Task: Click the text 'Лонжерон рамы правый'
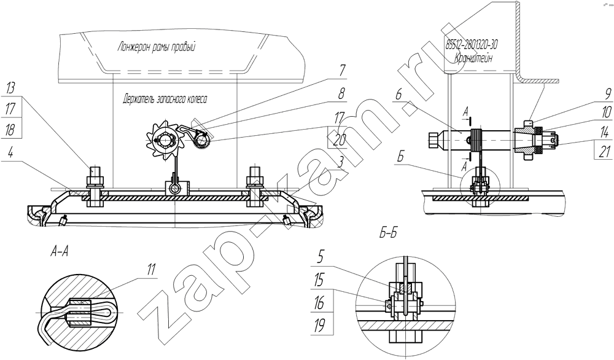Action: tap(156, 47)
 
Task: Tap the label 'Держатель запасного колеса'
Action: tap(165, 99)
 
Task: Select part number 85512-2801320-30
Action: tap(472, 45)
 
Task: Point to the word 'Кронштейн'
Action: tap(473, 58)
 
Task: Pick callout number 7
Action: tap(342, 71)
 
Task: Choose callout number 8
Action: tap(342, 94)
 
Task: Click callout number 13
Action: tap(10, 88)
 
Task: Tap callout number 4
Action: tap(11, 152)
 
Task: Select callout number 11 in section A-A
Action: tap(151, 269)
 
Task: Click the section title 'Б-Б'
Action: tap(388, 233)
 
